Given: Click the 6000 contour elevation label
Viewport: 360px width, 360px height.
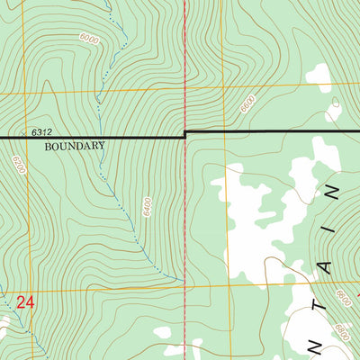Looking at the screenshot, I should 88,38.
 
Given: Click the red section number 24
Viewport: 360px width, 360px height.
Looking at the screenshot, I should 25,303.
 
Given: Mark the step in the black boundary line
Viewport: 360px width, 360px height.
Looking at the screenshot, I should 184,134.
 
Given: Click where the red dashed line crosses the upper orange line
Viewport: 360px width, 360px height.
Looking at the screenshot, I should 184,89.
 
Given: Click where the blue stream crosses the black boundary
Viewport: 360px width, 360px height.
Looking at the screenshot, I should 101,137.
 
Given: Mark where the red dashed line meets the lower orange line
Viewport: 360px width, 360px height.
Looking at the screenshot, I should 185,289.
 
